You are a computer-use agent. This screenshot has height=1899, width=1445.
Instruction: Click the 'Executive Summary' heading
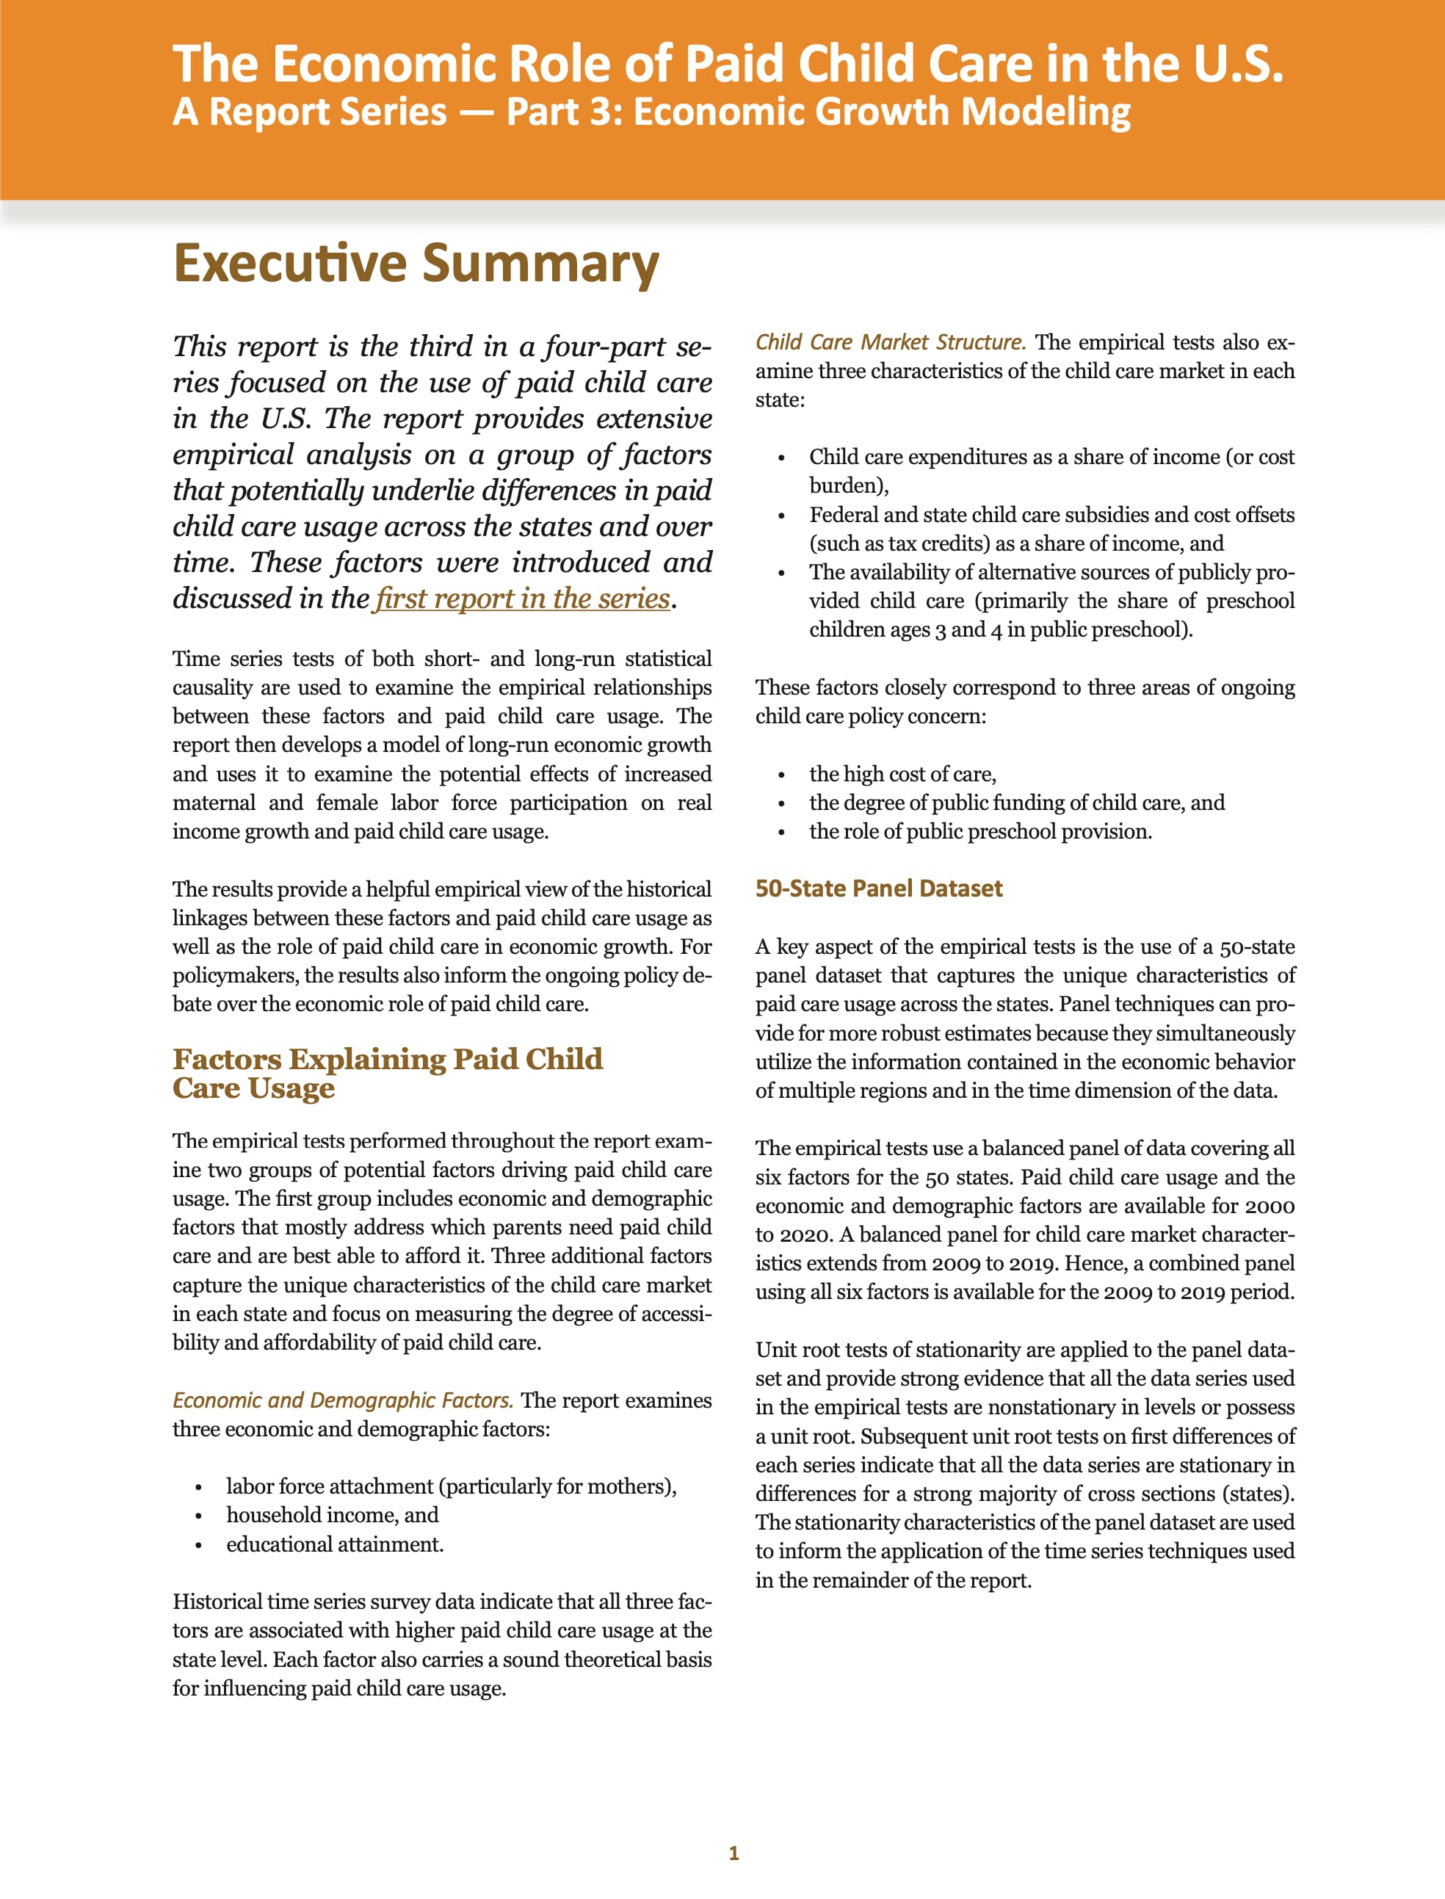tap(416, 262)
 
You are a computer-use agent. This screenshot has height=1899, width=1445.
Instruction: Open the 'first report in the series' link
tap(523, 598)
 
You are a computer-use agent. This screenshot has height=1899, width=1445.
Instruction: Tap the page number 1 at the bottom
tap(734, 1853)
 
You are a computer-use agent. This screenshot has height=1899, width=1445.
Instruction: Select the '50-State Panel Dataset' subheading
tap(878, 889)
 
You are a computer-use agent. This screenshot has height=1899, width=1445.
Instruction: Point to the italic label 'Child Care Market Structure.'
tap(890, 342)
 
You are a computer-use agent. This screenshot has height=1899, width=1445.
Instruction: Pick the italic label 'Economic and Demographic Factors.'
tap(342, 1400)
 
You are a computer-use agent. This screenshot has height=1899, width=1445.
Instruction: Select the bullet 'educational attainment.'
tap(335, 1544)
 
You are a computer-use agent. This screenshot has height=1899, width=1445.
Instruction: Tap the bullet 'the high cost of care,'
tap(902, 774)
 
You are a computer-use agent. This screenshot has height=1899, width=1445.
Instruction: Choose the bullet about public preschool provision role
tap(979, 832)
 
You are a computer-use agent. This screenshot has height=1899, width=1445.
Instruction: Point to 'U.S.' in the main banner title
tap(1237, 64)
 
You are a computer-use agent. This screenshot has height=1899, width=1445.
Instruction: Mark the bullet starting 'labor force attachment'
tap(451, 1486)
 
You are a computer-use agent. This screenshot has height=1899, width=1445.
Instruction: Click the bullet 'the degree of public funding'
tap(1017, 803)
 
